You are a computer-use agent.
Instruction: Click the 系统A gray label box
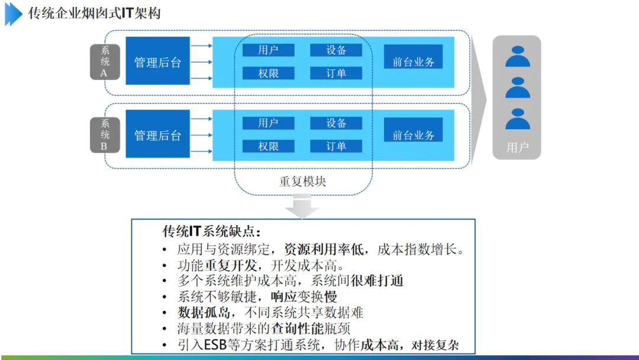tap(105, 62)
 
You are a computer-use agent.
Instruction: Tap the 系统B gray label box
tap(105, 135)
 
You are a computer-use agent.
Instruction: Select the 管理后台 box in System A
tap(157, 62)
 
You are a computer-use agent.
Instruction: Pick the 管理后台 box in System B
tap(157, 135)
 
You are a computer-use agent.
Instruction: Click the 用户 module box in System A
tap(268, 50)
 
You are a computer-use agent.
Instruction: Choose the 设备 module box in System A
tap(336, 50)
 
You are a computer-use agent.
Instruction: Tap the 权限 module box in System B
tap(268, 146)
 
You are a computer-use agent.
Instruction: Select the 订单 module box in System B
tap(336, 146)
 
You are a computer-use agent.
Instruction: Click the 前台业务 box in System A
tap(413, 62)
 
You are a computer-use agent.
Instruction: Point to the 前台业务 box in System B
tap(413, 135)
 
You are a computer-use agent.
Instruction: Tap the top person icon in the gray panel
tap(517, 56)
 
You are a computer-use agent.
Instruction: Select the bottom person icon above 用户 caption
tap(517, 119)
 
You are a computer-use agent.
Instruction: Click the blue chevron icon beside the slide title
tap(13, 14)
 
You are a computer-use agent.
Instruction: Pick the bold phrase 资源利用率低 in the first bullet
tap(321, 249)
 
